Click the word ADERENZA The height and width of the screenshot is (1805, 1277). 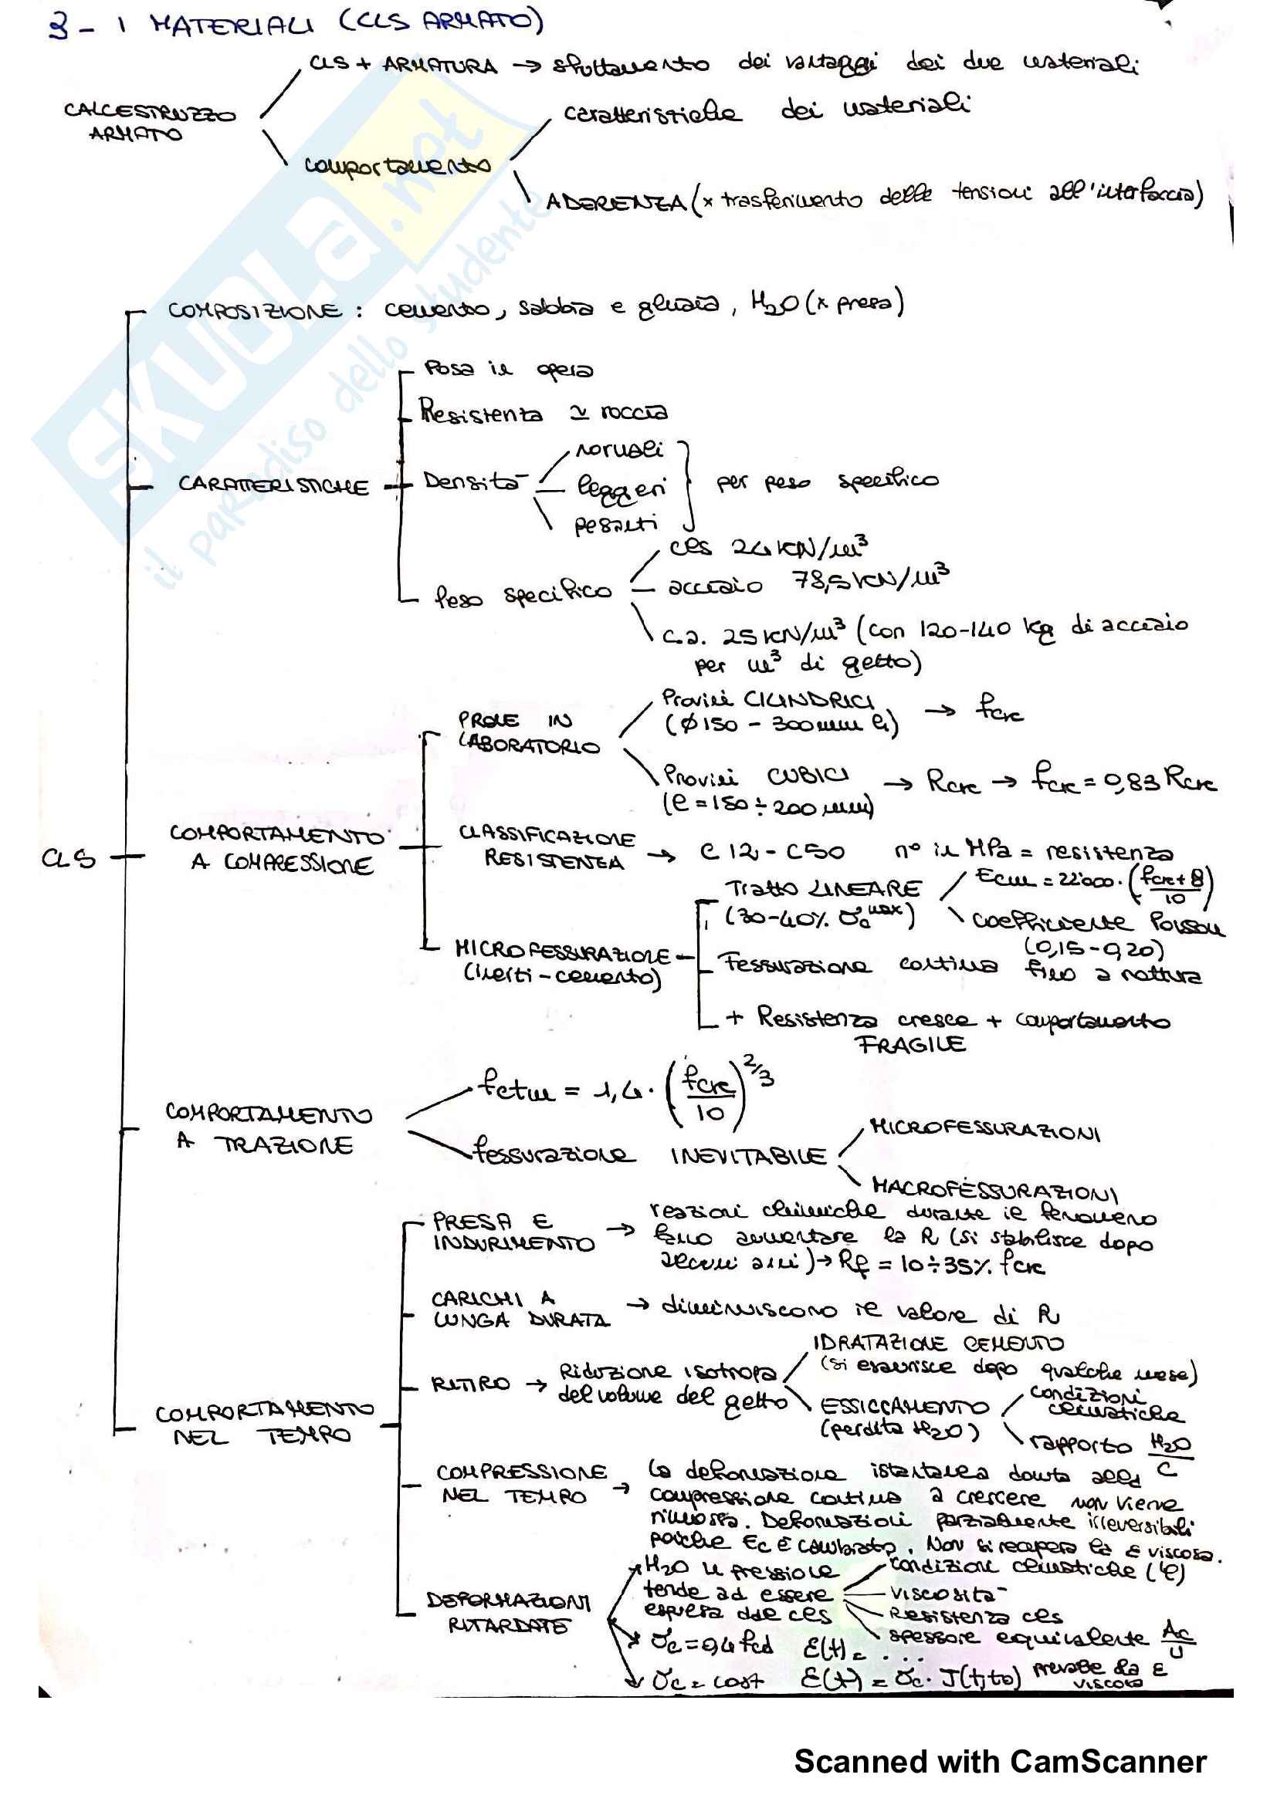[615, 202]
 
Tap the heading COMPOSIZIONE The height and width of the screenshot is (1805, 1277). [255, 310]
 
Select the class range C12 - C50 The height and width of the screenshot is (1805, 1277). [771, 851]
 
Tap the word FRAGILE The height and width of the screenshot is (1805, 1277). [910, 1044]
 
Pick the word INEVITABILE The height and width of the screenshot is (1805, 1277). [748, 1156]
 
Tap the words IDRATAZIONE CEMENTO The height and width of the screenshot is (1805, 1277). [937, 1343]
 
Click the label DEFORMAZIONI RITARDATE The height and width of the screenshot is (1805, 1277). [509, 1613]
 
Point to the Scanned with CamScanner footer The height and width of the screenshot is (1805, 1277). [999, 1762]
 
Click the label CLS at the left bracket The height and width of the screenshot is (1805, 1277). [69, 858]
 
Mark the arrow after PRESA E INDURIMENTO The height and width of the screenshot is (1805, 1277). [621, 1229]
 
